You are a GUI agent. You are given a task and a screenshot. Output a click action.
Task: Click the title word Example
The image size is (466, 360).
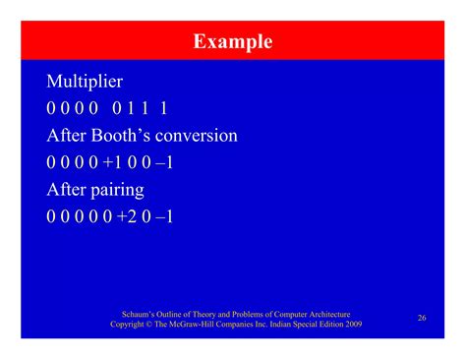coord(233,41)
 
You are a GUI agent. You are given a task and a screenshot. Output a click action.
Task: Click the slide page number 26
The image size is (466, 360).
coord(422,318)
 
